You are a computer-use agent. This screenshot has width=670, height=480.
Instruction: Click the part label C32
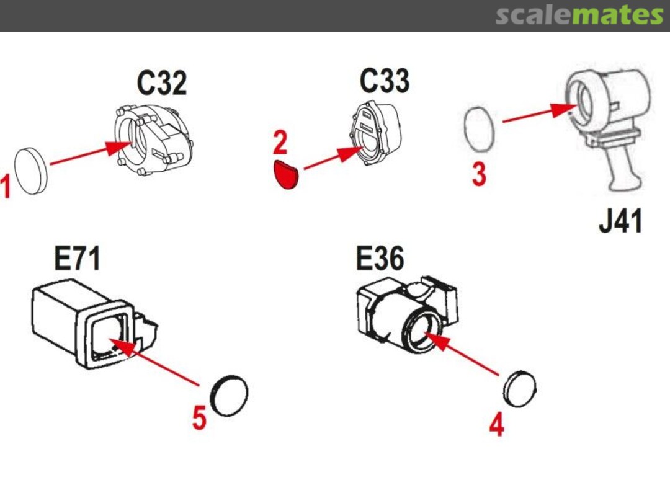tap(162, 83)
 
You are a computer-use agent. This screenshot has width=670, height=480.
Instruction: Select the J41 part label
tap(620, 221)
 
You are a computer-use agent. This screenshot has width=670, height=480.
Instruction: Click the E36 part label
tap(380, 258)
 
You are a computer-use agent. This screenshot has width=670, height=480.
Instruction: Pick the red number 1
tap(5, 187)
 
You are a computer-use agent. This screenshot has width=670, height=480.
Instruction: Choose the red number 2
tap(280, 143)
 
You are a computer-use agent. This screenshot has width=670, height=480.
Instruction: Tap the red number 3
tap(479, 174)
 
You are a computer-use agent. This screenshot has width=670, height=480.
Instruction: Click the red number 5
tap(200, 417)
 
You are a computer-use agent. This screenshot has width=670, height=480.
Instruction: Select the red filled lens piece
tap(286, 174)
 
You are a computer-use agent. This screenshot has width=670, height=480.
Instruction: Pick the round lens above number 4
tap(520, 389)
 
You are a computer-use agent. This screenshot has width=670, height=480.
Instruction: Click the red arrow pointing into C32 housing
tap(91, 153)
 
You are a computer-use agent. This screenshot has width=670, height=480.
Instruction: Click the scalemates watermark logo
tap(579, 16)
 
